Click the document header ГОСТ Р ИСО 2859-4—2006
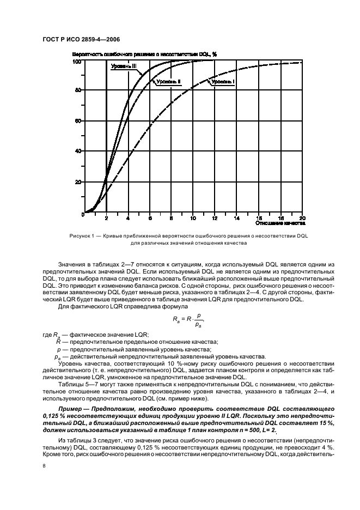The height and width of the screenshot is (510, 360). pyautogui.click(x=81, y=40)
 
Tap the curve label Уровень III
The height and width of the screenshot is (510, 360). pyautogui.click(x=124, y=66)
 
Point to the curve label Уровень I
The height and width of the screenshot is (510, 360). pyautogui.click(x=223, y=81)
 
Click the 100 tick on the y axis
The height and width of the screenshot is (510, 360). pyautogui.click(x=77, y=62)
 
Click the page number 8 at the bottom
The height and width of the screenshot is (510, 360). pyautogui.click(x=44, y=466)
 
